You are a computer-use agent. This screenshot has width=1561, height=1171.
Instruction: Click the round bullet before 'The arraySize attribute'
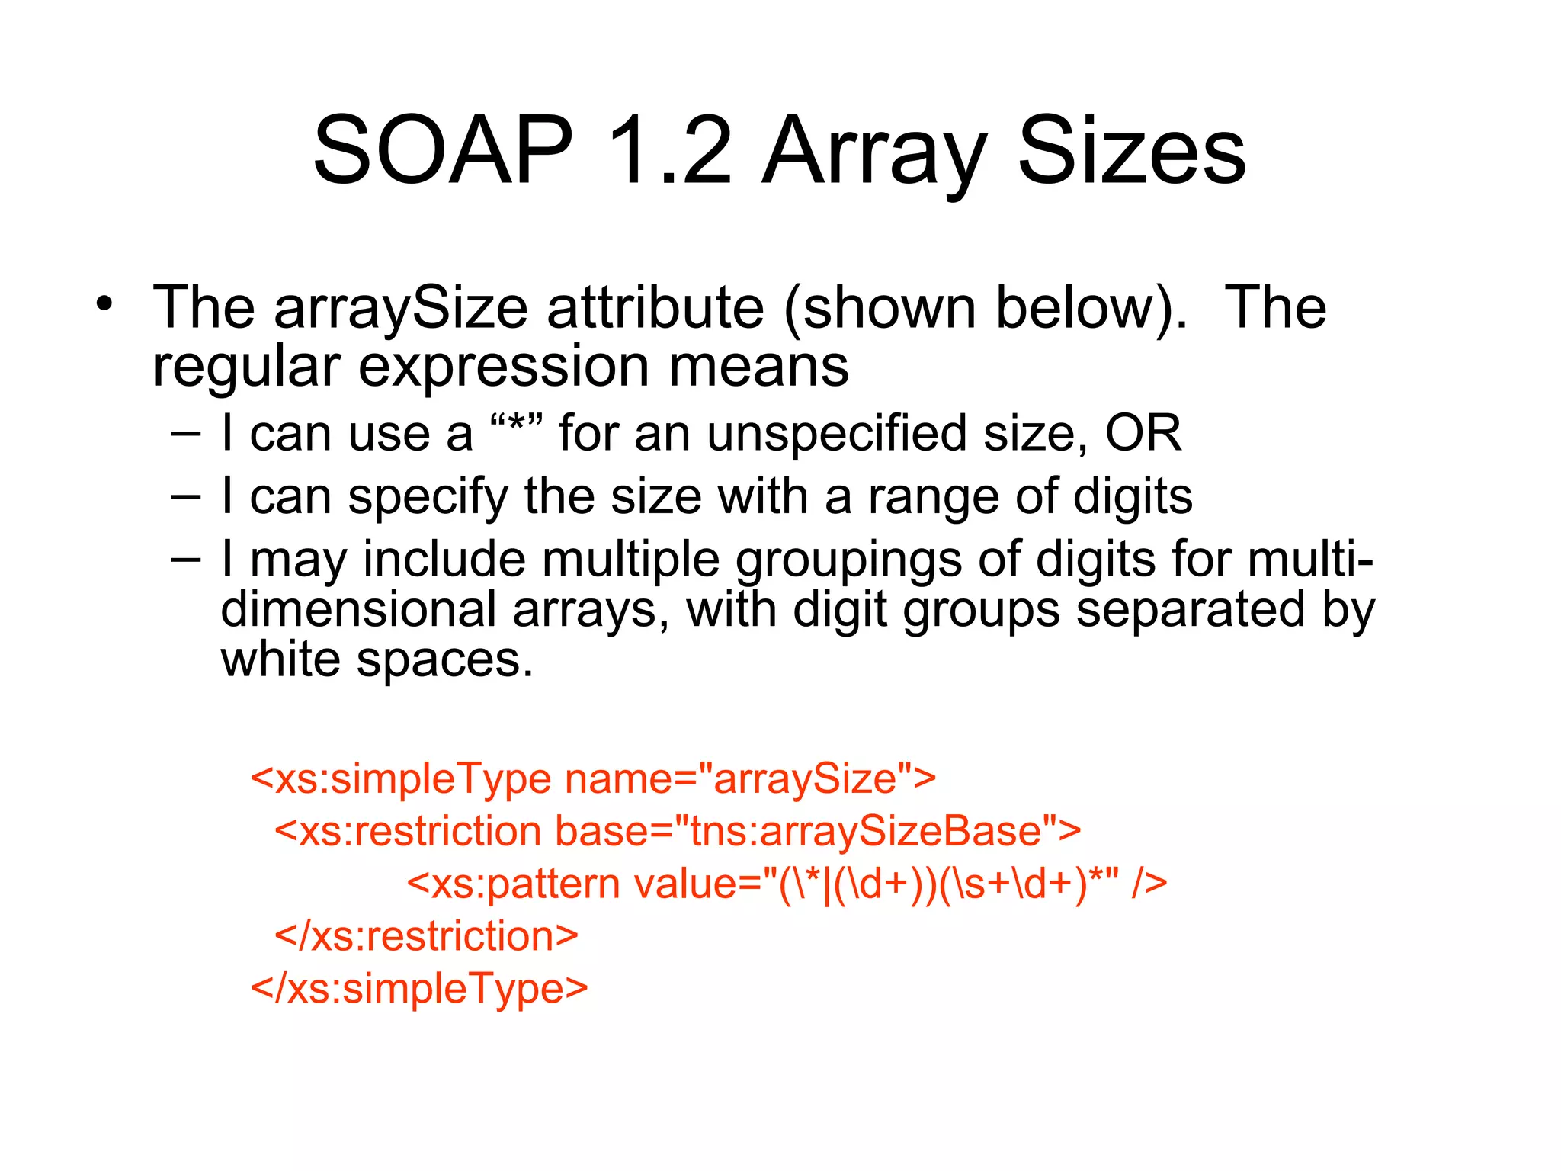click(x=104, y=304)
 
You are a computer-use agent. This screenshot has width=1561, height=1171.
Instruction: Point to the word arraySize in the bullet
click(x=401, y=308)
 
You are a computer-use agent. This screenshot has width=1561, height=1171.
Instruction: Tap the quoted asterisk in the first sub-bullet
click(x=516, y=432)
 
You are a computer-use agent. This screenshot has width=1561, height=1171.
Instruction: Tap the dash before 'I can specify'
click(x=186, y=496)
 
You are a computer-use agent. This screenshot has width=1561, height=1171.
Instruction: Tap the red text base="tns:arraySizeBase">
click(x=817, y=831)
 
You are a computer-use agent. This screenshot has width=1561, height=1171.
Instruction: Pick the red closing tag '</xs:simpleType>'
click(x=419, y=989)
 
